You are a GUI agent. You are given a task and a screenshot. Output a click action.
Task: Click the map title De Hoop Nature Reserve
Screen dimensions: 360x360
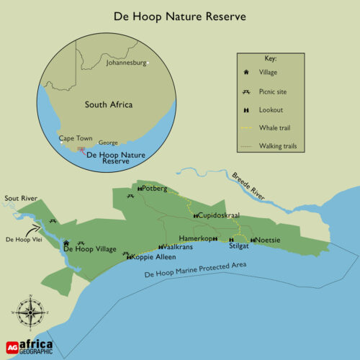tap(180, 15)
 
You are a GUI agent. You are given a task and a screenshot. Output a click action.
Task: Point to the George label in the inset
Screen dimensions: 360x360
tap(107, 143)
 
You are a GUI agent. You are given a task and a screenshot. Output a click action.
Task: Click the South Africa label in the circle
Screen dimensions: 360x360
tap(109, 105)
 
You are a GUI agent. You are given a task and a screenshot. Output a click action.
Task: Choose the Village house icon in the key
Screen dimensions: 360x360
tap(246, 72)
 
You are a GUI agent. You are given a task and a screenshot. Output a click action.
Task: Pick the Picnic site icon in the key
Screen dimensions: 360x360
tap(246, 91)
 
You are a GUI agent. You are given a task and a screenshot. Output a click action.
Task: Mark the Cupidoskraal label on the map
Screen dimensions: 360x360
tap(220, 215)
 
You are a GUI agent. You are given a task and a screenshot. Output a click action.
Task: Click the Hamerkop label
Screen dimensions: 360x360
tap(195, 238)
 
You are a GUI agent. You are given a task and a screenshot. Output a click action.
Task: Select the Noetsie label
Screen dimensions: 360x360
tap(269, 240)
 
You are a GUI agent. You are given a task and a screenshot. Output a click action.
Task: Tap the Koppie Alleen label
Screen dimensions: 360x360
tap(156, 257)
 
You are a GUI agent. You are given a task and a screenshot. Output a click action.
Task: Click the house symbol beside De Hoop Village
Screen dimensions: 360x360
tap(66, 243)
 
